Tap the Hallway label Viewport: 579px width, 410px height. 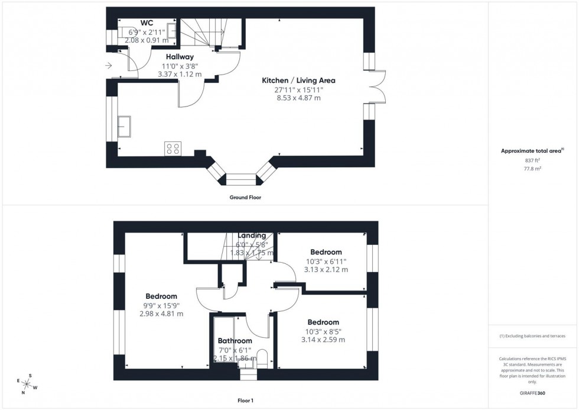tap(180, 57)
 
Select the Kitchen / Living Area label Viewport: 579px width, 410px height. tap(299, 80)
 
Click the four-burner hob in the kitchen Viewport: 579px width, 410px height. tap(173, 148)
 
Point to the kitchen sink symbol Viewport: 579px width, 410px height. tap(125, 125)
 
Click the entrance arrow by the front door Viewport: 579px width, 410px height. tap(108, 66)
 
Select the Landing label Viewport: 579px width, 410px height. tap(252, 235)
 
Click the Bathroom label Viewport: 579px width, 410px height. tap(235, 341)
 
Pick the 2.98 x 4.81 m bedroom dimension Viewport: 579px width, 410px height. tap(161, 314)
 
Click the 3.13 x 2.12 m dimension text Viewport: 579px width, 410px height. tap(326, 270)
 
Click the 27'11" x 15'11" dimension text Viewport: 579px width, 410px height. tap(298, 89)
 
